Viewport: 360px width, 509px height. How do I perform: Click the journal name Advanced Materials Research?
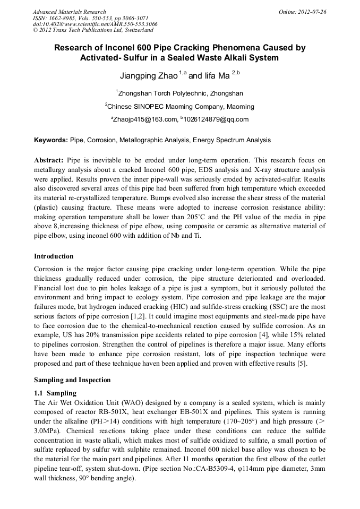pos(69,12)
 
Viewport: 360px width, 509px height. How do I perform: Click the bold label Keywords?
pos(51,140)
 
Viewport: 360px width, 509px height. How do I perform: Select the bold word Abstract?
pos(49,160)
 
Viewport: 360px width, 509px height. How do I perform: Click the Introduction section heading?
pos(54,256)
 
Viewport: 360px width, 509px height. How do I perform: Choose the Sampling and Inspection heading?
pos(72,380)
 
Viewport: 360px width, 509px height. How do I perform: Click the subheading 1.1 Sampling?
pos(55,393)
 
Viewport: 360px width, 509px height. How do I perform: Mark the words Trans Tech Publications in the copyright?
pos(75,31)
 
